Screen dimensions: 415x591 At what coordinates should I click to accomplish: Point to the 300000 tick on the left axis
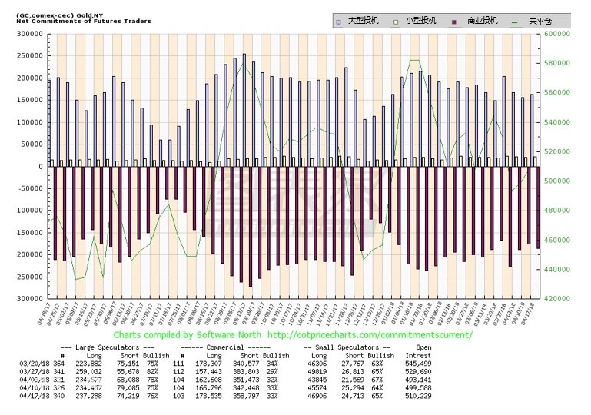pyautogui.click(x=32, y=35)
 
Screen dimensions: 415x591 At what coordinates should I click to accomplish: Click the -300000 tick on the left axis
pyautogui.click(x=30, y=298)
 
